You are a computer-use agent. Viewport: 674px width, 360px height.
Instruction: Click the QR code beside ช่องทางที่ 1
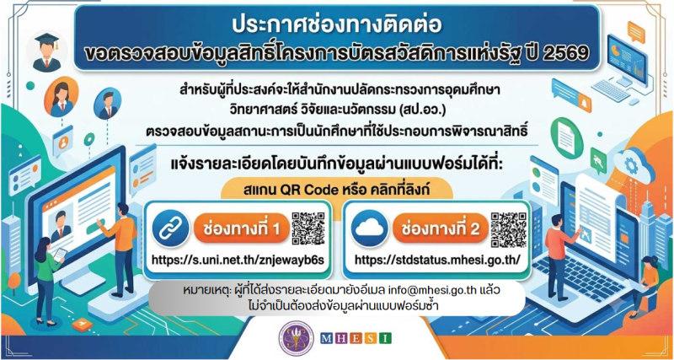(308, 228)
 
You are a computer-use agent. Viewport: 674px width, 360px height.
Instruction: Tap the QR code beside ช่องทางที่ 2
(509, 229)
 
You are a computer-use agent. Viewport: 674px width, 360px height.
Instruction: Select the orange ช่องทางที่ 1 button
(241, 228)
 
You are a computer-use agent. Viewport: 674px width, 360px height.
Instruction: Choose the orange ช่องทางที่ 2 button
(440, 228)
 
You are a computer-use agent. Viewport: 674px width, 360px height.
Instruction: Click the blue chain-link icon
(171, 228)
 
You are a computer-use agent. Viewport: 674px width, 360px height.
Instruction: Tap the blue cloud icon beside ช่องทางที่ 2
(370, 228)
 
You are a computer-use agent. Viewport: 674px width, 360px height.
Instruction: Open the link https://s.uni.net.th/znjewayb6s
(237, 261)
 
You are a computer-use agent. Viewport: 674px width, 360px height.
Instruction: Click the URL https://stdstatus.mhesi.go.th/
(437, 261)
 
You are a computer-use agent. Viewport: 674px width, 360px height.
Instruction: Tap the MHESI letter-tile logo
(356, 338)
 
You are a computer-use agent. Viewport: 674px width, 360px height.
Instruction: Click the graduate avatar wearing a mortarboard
(47, 51)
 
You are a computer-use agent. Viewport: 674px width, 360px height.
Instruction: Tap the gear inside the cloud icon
(631, 165)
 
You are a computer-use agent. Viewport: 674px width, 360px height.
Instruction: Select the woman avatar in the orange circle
(61, 97)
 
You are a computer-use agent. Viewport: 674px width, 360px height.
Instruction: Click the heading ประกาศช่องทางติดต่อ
(336, 26)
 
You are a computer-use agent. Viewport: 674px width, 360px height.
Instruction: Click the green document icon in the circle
(566, 137)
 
